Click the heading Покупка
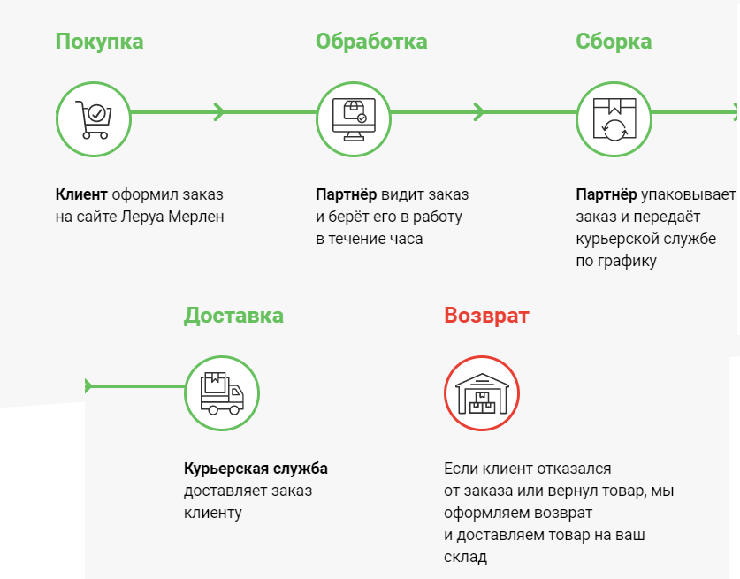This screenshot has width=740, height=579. click(x=99, y=42)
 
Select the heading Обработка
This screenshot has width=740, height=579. click(x=371, y=42)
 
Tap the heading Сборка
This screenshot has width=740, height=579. click(x=614, y=42)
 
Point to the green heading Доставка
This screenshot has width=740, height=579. click(x=233, y=316)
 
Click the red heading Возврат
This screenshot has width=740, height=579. click(x=486, y=316)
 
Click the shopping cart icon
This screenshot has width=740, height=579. click(x=93, y=119)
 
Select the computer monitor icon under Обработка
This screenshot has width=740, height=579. click(x=354, y=119)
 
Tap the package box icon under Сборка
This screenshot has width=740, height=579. click(x=614, y=119)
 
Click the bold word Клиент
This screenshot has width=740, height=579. click(x=81, y=194)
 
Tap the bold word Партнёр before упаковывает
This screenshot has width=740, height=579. click(x=606, y=194)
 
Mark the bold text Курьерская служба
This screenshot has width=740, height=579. click(x=256, y=469)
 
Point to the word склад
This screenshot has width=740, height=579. click(x=465, y=558)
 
